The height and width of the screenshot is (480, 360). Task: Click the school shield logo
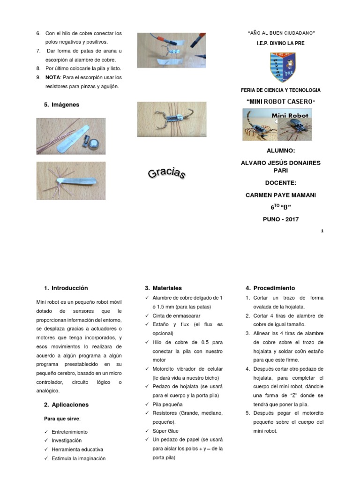tap(282, 67)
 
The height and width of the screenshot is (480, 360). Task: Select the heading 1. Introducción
tap(66, 288)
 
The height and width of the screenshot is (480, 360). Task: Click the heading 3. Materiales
tap(163, 288)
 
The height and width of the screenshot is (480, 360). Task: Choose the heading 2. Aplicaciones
tap(66, 405)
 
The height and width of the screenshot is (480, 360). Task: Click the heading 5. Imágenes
tap(61, 105)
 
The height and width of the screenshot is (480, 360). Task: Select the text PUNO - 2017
tap(280, 219)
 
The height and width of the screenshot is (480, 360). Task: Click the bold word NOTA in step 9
tap(52, 77)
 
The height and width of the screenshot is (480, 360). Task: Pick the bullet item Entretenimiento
tap(70, 432)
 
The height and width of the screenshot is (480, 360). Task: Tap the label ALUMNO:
tap(280, 150)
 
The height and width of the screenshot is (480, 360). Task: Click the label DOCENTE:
tap(280, 183)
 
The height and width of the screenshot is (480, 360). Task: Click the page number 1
tap(322, 231)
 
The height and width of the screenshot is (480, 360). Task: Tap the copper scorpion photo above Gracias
tap(172, 120)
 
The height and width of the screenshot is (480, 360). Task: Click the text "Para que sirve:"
tap(62, 418)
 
